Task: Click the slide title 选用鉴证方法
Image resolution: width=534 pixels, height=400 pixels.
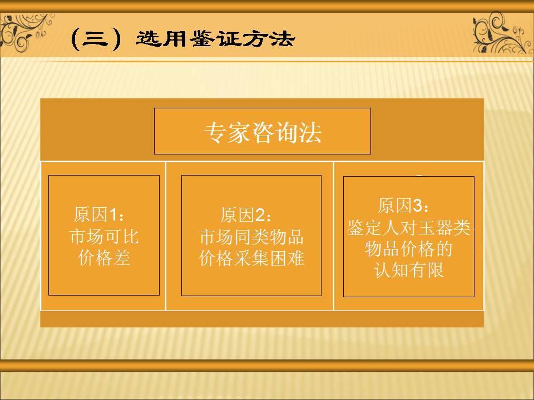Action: (x=215, y=39)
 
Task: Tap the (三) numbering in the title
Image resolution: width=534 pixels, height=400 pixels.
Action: (x=96, y=40)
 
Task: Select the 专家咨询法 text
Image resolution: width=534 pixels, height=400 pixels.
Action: (x=263, y=133)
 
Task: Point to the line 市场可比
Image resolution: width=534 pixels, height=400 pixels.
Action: (x=103, y=237)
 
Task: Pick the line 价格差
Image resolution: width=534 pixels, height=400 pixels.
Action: (x=103, y=258)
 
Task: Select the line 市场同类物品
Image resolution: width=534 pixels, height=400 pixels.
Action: (x=251, y=237)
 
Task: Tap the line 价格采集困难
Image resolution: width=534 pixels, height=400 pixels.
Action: (x=251, y=258)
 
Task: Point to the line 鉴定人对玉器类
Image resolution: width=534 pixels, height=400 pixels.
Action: (x=409, y=228)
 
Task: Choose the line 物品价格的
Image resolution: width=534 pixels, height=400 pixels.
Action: (x=409, y=249)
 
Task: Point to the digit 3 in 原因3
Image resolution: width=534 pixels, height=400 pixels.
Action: (x=417, y=206)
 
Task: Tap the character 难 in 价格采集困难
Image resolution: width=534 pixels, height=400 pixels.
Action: (x=297, y=258)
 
